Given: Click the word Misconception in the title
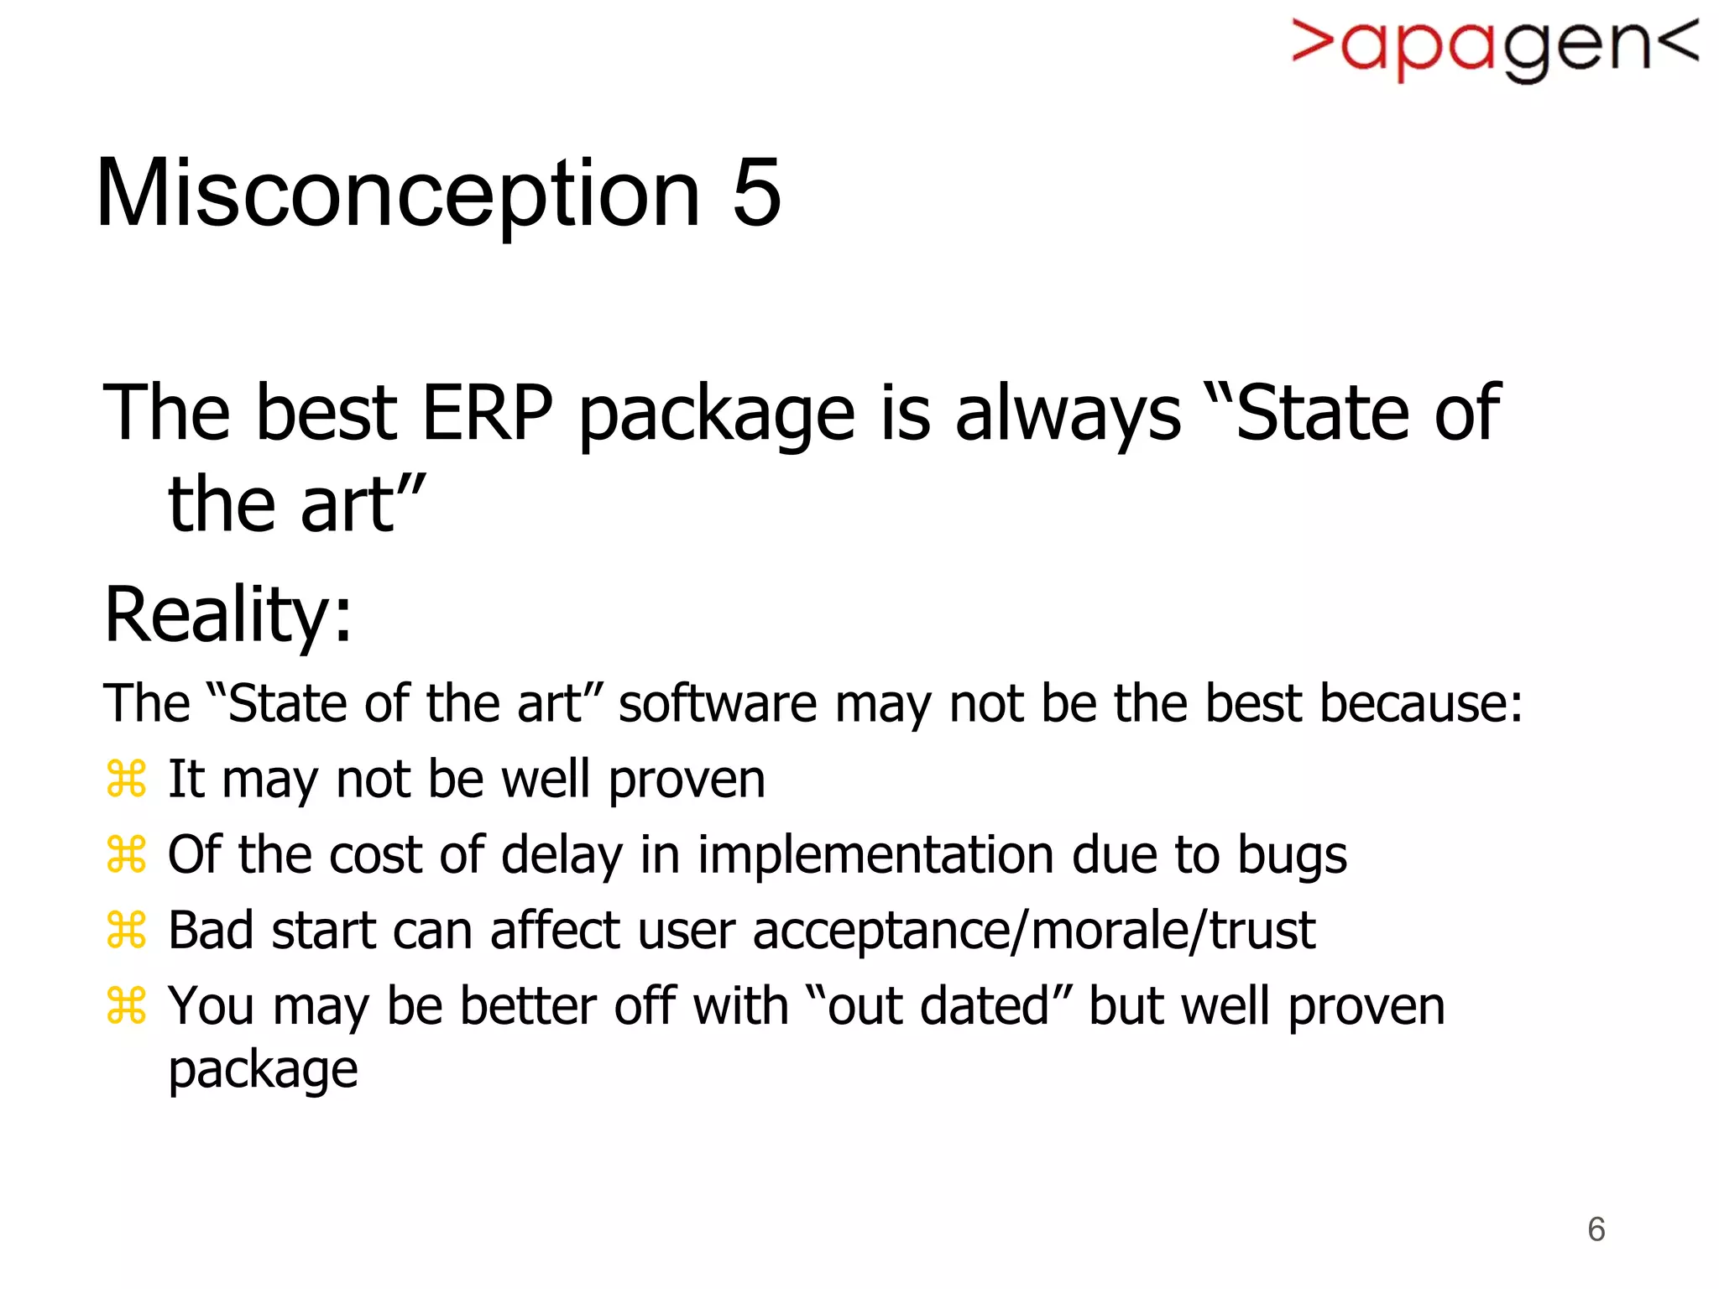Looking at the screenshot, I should coord(398,195).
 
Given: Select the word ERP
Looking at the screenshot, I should coord(487,413).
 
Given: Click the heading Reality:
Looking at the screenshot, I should coord(228,615).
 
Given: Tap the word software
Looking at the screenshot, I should coord(718,703).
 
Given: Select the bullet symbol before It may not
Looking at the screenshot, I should coord(127,779).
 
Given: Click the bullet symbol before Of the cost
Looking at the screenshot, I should coord(127,854).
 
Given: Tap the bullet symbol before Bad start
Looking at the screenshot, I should coord(127,930).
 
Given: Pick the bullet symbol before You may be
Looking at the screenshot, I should coord(127,1005).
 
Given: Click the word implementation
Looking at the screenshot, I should coord(875,855).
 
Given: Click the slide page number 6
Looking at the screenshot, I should coord(1596,1229).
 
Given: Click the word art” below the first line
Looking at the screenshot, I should coord(363,505).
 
